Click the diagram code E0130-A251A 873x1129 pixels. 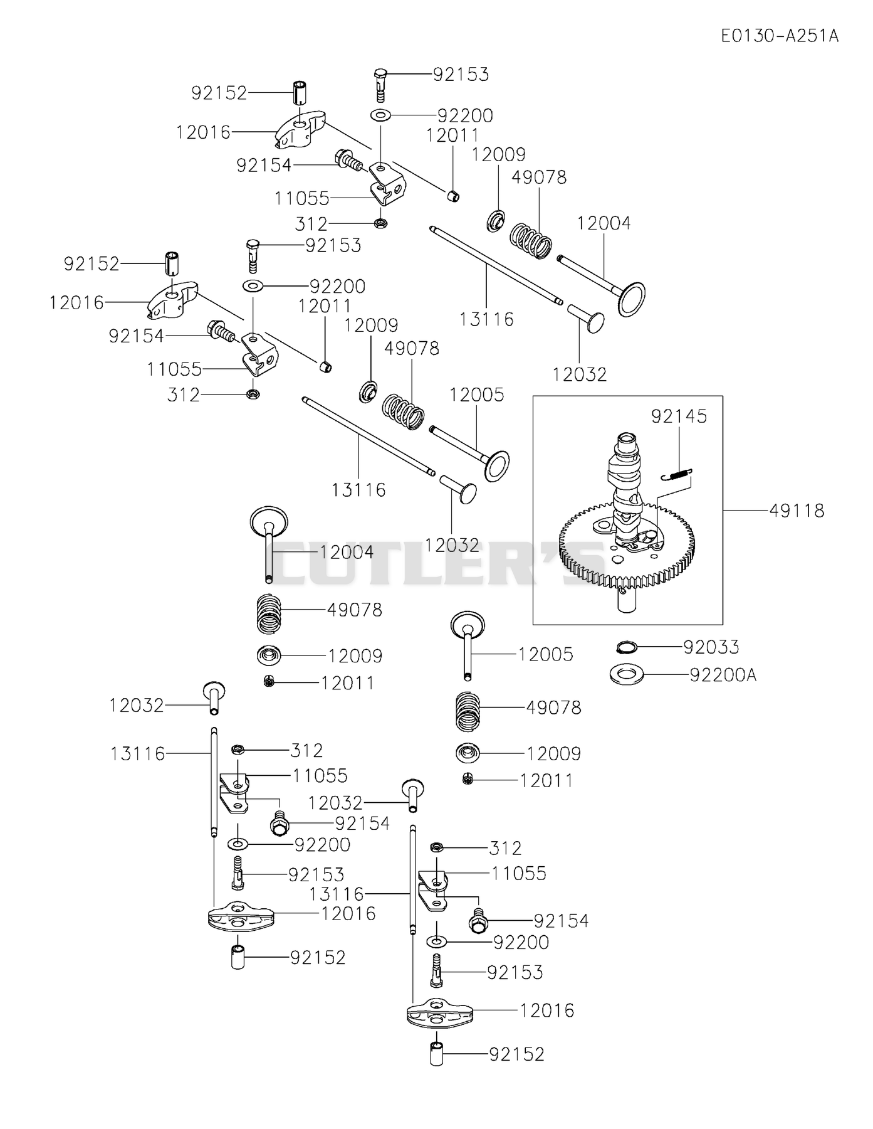[x=780, y=35]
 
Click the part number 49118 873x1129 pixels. [x=797, y=511]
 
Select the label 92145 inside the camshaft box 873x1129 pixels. [x=679, y=416]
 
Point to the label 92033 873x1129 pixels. [x=711, y=647]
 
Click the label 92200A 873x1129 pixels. [x=723, y=675]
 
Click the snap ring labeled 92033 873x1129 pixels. [x=627, y=647]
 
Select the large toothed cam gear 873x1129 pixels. [x=627, y=552]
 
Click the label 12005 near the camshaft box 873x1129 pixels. [x=477, y=395]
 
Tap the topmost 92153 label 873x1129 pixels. [x=461, y=74]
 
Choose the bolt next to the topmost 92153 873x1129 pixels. [x=381, y=85]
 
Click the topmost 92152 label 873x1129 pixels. [x=219, y=93]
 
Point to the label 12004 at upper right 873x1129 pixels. [x=604, y=223]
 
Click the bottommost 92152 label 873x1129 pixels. [x=517, y=1054]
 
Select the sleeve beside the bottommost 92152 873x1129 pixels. [x=436, y=1054]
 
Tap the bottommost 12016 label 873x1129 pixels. [x=547, y=1010]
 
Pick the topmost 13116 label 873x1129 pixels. [x=486, y=319]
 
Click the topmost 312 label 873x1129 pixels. [x=311, y=223]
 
